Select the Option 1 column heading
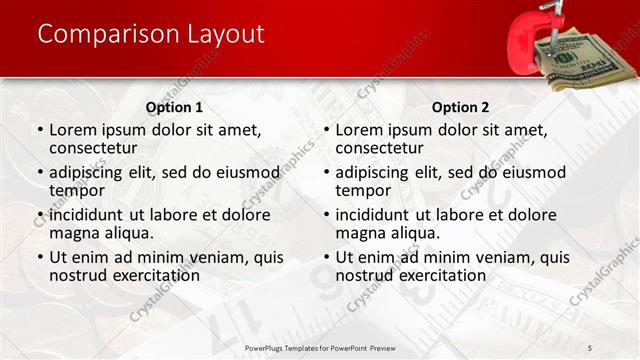(x=174, y=107)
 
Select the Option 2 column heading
(x=460, y=107)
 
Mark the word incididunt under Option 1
(x=89, y=214)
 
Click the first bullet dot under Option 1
(x=40, y=130)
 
